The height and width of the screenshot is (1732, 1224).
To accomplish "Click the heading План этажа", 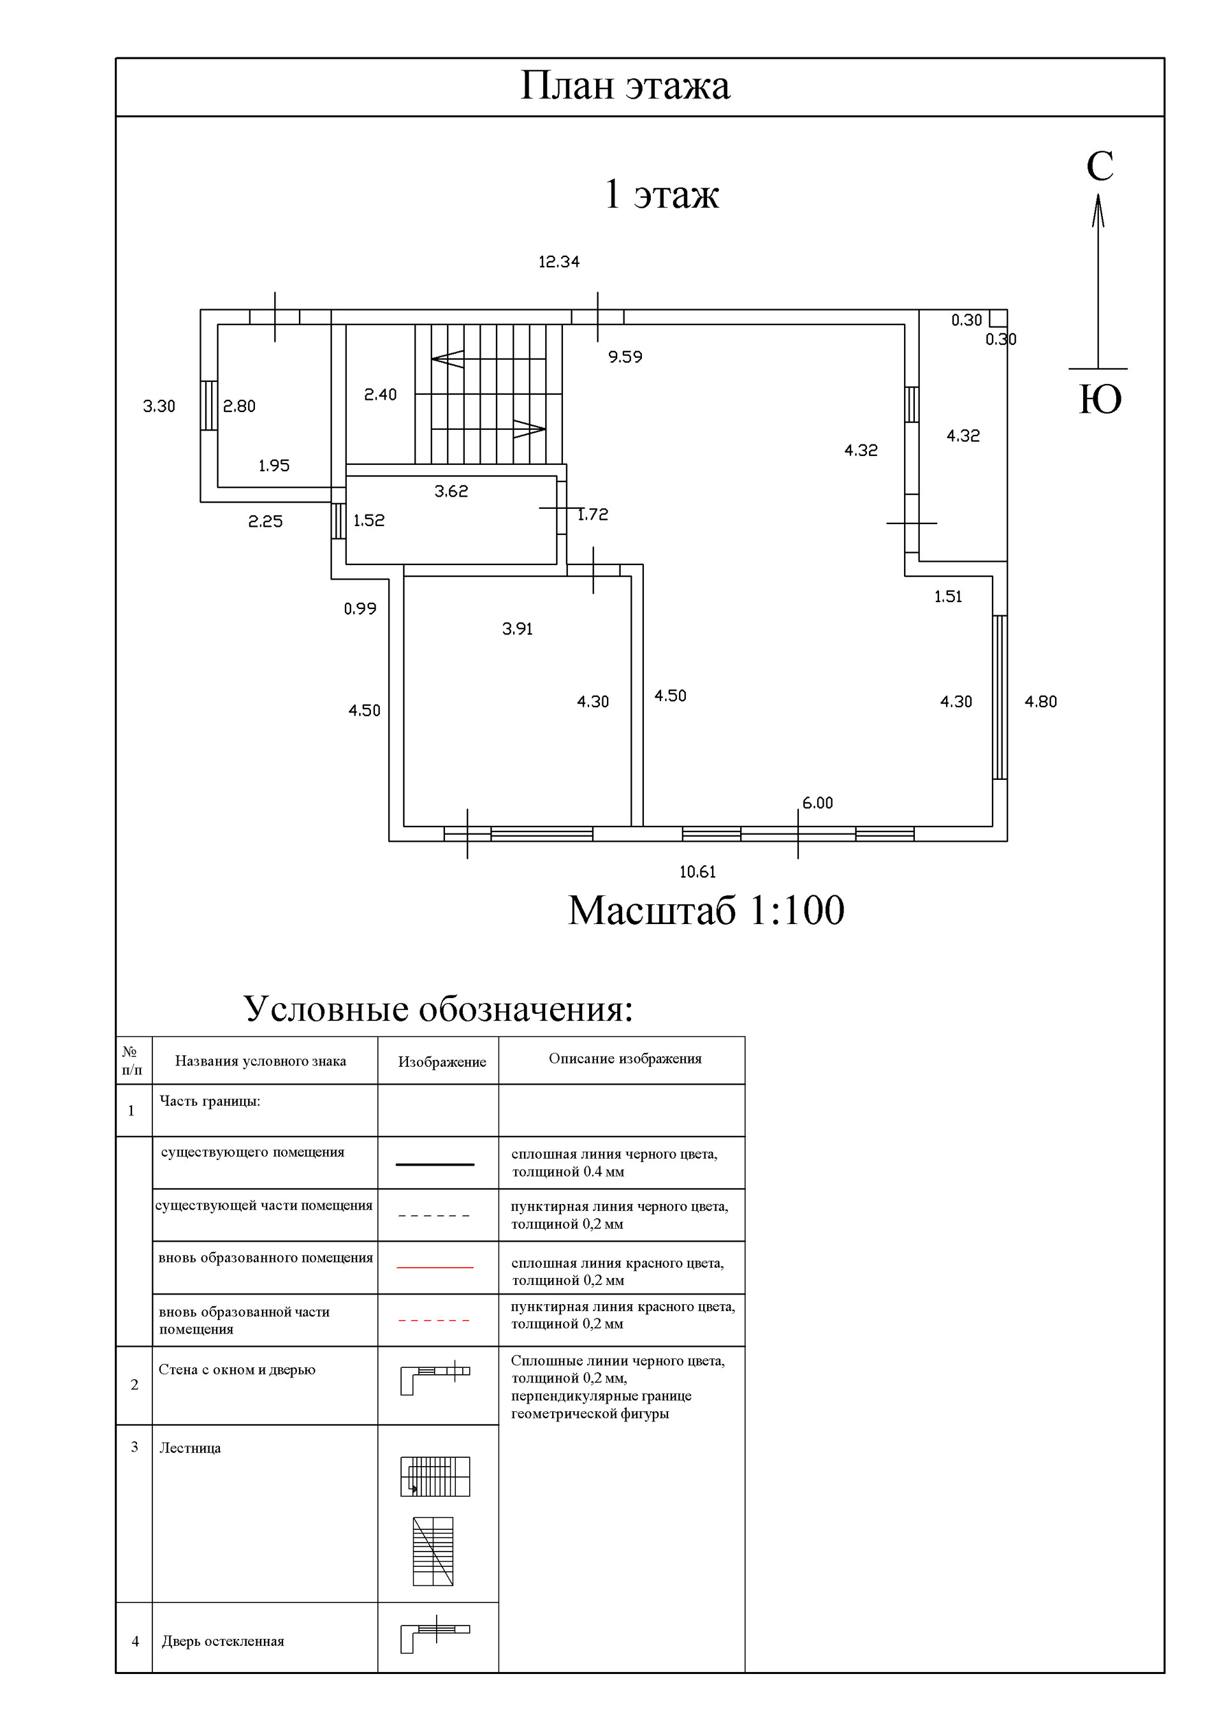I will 625,86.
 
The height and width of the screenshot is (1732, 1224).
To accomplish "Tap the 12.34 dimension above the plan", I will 559,261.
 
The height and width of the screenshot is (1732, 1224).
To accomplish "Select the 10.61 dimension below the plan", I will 697,872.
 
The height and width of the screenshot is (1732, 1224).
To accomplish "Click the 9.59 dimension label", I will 625,357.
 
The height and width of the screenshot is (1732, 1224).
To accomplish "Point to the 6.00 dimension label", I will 817,804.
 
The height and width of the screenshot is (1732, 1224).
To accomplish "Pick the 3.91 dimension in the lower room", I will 518,629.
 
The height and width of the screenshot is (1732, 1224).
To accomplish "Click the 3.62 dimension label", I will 451,492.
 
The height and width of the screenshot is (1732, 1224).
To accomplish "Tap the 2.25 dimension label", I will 265,521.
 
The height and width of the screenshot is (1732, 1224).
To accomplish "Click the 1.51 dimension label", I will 948,597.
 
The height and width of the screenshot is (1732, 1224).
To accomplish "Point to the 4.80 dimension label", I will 1041,701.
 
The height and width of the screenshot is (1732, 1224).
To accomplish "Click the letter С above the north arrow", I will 1100,166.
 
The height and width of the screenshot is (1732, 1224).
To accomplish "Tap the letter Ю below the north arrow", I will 1100,400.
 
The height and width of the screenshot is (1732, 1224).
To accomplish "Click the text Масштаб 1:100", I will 706,911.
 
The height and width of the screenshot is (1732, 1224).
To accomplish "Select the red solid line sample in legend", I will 435,1267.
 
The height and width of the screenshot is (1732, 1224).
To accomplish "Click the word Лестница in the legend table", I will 190,1448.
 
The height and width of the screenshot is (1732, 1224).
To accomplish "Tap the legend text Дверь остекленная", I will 222,1641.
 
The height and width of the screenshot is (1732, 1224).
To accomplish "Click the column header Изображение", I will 442,1062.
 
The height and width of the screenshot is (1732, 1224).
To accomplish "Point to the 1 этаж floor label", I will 662,194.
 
